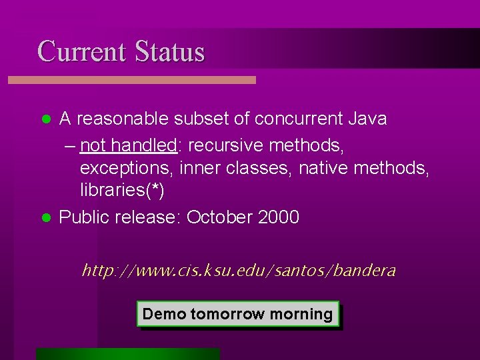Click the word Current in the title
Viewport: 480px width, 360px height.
81,51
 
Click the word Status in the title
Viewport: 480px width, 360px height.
169,51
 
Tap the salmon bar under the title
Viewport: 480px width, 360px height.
131,80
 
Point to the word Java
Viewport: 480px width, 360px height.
367,119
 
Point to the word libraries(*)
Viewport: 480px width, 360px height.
122,191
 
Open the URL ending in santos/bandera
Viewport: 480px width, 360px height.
238,271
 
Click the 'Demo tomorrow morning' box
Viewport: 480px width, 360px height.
238,314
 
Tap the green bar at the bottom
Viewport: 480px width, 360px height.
128,354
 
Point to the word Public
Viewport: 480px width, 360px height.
85,217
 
